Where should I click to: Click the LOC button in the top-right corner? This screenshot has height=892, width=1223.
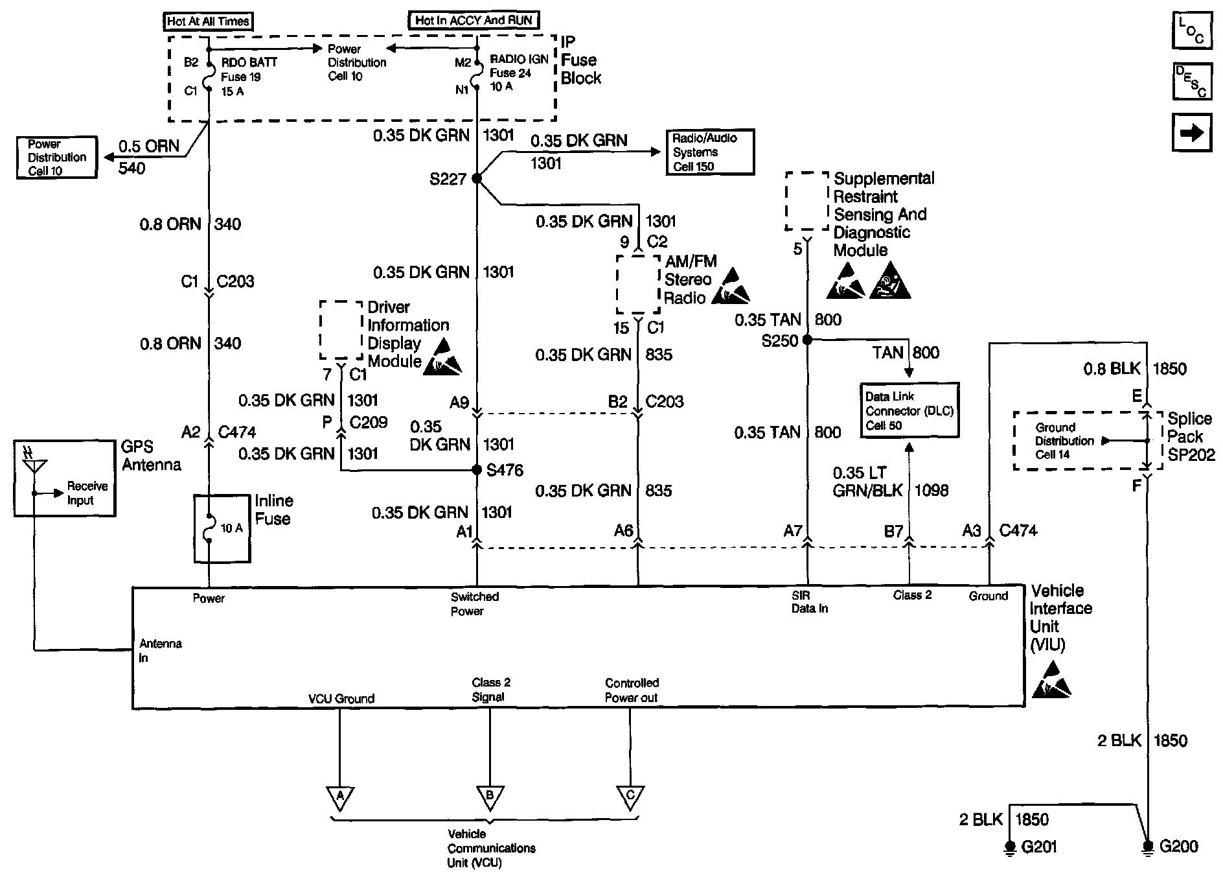coord(1192,30)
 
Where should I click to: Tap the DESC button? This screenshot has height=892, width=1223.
coord(1192,81)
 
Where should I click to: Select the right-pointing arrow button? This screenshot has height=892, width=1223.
coord(1192,133)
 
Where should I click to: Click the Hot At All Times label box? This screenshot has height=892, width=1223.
coord(208,21)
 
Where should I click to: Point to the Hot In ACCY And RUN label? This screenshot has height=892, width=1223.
coord(474,20)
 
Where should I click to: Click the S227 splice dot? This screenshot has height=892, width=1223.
coord(477,178)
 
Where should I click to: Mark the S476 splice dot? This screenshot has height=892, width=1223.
coord(477,470)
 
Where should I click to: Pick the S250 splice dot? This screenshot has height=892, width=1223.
coord(807,339)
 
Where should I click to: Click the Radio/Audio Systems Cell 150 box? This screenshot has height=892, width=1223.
coord(711,152)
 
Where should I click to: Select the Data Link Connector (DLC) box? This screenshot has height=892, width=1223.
coord(909,410)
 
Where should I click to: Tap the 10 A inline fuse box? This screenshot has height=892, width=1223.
coord(222,528)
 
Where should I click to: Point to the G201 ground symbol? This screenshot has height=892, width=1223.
coord(1009,847)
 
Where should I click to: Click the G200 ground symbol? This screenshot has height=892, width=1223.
coord(1148,847)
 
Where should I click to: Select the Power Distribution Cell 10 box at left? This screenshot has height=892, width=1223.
coord(57,158)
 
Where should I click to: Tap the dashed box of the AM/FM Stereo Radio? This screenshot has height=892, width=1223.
coord(638,284)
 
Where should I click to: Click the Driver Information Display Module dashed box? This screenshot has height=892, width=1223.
coord(341,330)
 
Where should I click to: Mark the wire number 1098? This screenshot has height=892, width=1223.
coord(932,490)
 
